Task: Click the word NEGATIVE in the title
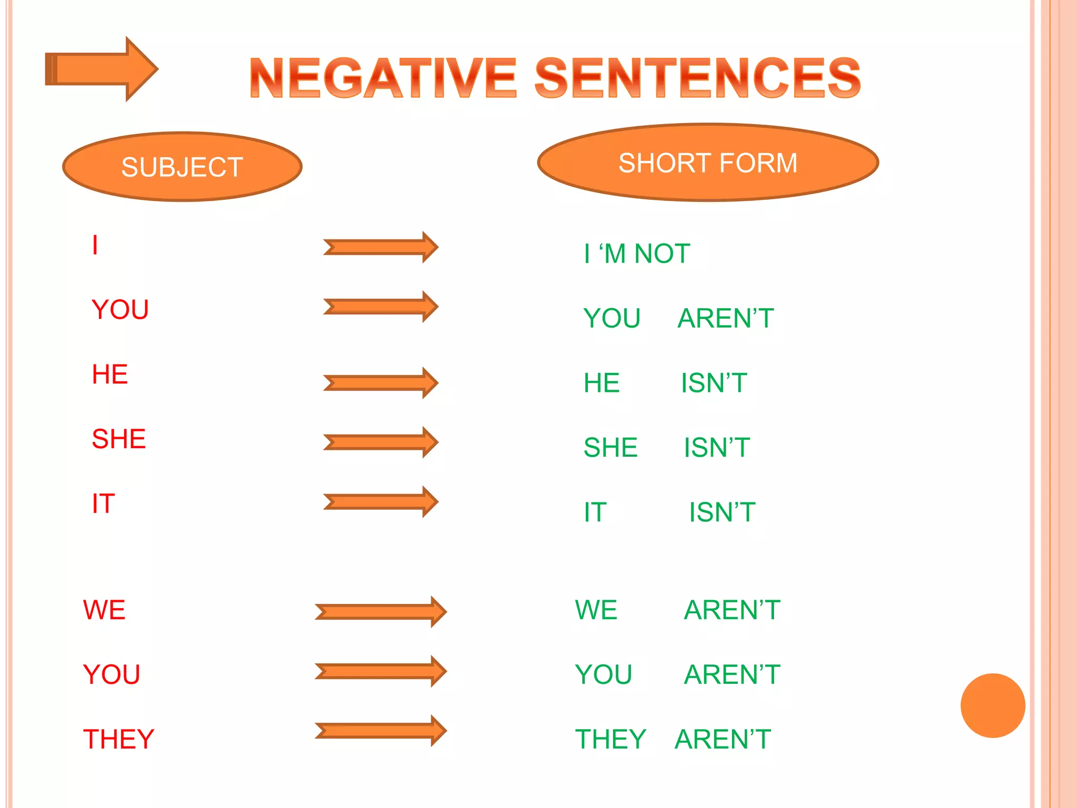(x=383, y=78)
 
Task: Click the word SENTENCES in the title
(x=697, y=78)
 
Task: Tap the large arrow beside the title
(x=102, y=69)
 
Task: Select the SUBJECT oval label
(x=182, y=167)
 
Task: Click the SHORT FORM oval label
(x=708, y=163)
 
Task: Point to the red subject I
(x=95, y=245)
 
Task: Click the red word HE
(x=110, y=375)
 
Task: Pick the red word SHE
(x=119, y=439)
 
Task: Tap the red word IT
(x=103, y=504)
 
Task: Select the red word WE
(x=104, y=610)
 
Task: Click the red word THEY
(x=119, y=739)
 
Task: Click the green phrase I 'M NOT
(x=637, y=254)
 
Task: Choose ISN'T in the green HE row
(x=714, y=383)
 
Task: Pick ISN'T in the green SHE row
(x=717, y=448)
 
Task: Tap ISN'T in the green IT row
(x=722, y=512)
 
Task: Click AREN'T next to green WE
(x=732, y=610)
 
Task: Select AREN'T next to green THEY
(x=723, y=739)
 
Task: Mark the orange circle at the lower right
(x=992, y=705)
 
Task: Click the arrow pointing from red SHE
(x=381, y=442)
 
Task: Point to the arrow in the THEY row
(x=381, y=731)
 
